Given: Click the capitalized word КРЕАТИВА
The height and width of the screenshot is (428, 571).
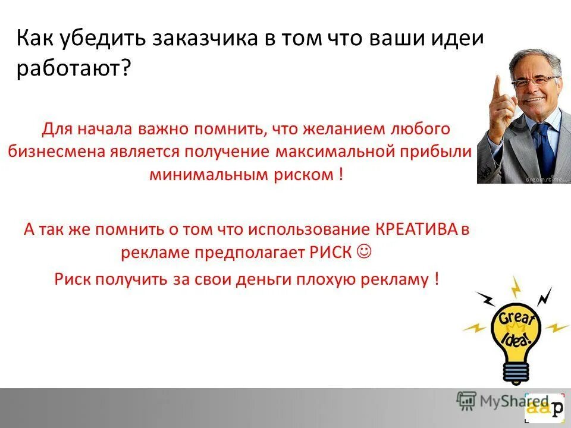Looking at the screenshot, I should [416, 229].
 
